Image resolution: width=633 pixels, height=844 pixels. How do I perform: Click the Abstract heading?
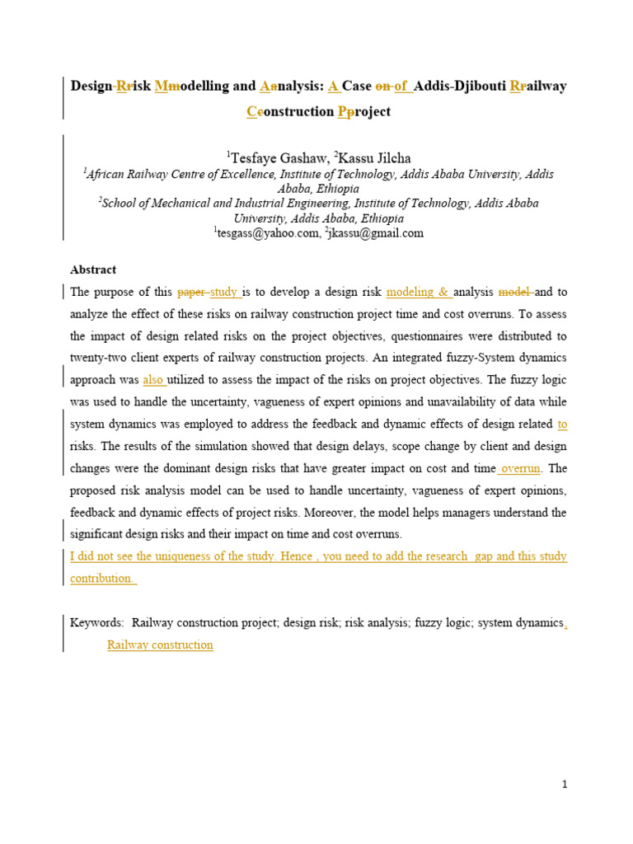coord(93,270)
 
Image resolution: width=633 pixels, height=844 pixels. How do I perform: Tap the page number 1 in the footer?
coord(565,785)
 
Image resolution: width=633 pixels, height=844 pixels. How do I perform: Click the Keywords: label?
coord(97,623)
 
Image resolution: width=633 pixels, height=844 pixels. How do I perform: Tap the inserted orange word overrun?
coord(520,468)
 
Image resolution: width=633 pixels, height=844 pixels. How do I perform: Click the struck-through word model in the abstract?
coord(515,292)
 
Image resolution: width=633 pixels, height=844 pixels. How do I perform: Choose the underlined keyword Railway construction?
coord(160,645)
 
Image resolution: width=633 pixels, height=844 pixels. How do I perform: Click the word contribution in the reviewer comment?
coord(101,579)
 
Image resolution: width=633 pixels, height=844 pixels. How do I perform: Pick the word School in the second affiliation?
coord(120,204)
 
